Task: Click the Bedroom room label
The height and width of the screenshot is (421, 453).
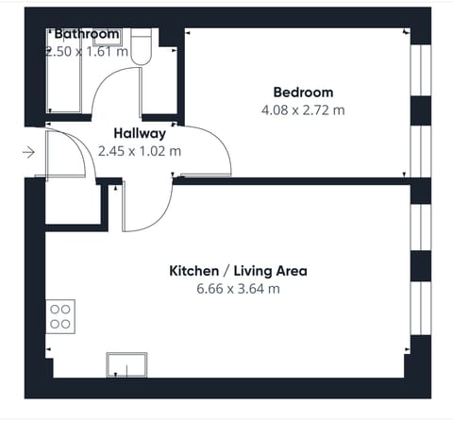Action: click(x=303, y=93)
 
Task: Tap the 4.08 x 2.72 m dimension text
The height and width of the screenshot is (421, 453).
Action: click(x=303, y=109)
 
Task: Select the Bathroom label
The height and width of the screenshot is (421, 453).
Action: click(x=87, y=34)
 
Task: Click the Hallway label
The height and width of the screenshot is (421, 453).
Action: click(x=140, y=133)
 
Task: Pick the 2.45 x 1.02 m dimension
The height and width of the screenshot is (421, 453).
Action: click(x=140, y=150)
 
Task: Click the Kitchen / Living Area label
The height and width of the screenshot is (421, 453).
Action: click(x=238, y=271)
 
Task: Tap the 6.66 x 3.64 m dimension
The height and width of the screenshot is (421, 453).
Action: click(x=238, y=288)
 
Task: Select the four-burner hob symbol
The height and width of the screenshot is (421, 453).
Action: click(x=60, y=315)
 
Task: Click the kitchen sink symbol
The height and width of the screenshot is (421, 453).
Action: click(x=126, y=365)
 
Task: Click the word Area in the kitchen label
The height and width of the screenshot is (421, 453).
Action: click(x=289, y=271)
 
